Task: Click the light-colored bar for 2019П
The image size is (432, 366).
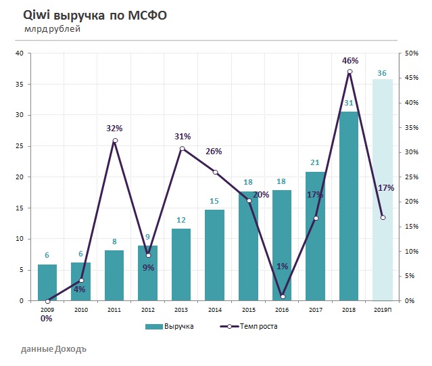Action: [x=383, y=190]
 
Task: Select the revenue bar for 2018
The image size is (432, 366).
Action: [x=349, y=206]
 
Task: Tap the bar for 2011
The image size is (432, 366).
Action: [x=114, y=275]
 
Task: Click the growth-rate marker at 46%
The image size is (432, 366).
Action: [x=350, y=72]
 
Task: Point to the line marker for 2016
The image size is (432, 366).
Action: [x=283, y=296]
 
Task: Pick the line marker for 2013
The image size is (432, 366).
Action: [x=182, y=149]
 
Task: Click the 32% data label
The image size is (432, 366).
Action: [x=114, y=128]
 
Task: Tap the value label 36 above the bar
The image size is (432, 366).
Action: [x=383, y=73]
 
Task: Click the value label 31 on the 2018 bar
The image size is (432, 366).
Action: [x=349, y=103]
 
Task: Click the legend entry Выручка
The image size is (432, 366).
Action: [x=171, y=327]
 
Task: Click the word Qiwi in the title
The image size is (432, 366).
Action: [x=34, y=15]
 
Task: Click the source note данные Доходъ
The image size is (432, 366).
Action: [x=53, y=350]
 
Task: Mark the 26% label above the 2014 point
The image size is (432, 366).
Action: [x=214, y=151]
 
